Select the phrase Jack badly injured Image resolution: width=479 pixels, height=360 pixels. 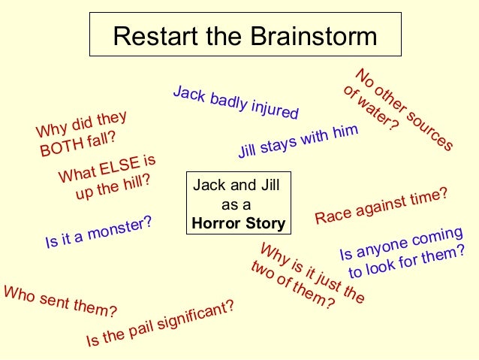236,103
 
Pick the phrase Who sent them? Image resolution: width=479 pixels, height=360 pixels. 60,301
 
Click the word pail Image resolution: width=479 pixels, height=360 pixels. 140,328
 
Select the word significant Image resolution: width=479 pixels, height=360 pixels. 197,313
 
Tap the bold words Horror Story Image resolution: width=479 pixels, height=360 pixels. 238,223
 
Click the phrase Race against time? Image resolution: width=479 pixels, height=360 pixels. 381,206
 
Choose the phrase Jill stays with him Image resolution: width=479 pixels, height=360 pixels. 298,141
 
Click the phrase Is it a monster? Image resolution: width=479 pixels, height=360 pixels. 98,232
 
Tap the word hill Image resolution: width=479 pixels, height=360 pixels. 136,182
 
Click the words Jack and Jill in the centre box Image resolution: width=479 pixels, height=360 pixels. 236,186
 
